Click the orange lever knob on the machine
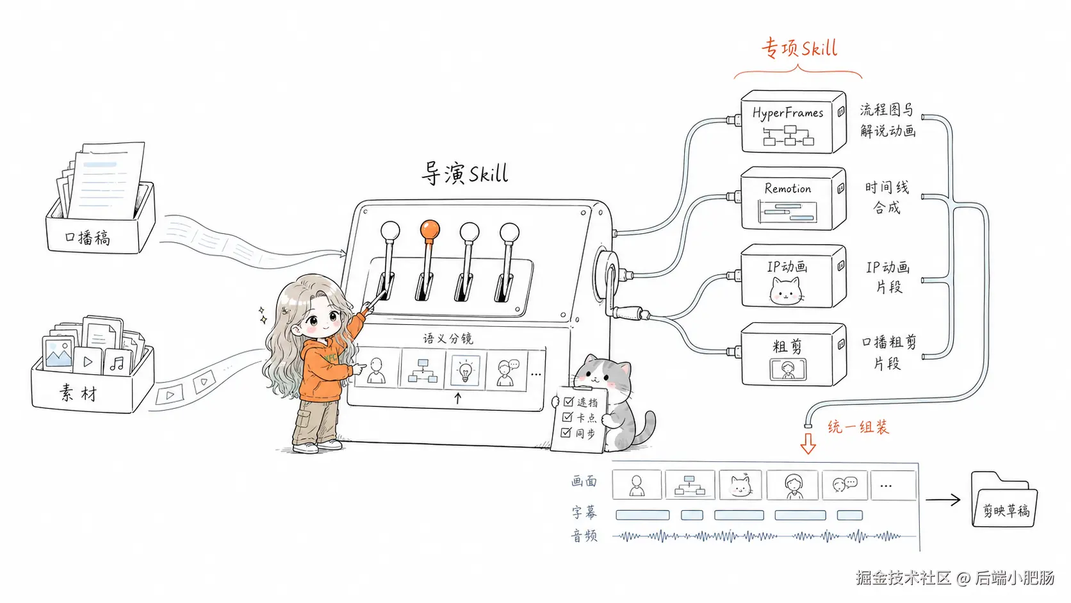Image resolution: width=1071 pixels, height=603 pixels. [430, 230]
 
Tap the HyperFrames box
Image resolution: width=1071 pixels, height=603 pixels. [793, 122]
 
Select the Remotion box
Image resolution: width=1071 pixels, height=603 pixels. [793, 199]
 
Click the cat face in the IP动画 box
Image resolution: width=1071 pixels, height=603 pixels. [786, 291]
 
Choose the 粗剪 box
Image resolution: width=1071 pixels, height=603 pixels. [793, 354]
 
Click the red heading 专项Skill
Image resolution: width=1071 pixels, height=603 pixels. [799, 48]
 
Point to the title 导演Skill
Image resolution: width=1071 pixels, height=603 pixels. [465, 173]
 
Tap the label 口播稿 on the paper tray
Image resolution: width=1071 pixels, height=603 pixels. [88, 237]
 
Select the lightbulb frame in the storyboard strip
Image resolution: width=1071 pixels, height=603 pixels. [465, 370]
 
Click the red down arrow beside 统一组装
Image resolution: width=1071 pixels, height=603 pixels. [808, 443]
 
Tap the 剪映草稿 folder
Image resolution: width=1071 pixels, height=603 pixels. [1004, 499]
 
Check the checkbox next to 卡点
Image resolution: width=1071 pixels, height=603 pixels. [568, 417]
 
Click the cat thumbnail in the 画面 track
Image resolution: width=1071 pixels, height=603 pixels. [740, 485]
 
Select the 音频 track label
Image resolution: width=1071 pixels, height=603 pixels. [584, 536]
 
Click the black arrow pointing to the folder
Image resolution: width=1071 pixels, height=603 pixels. [943, 500]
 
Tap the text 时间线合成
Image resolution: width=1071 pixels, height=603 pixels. [887, 197]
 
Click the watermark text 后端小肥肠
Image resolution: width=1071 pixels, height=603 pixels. [1015, 577]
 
